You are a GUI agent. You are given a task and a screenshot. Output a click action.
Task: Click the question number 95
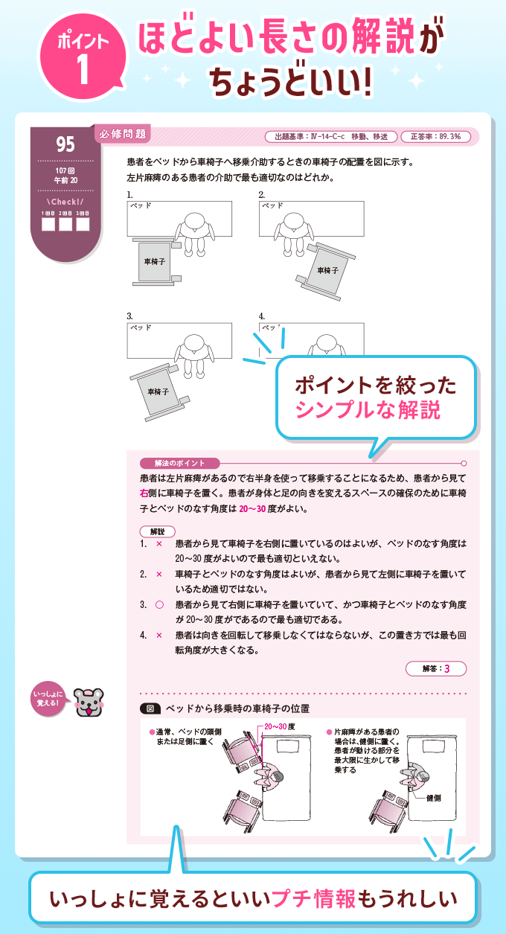pyautogui.click(x=65, y=143)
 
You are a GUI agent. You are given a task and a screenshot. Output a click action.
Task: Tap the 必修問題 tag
pyautogui.click(x=123, y=134)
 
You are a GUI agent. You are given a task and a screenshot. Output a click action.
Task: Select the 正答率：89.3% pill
pyautogui.click(x=436, y=137)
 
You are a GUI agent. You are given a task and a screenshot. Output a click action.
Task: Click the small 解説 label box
pyautogui.click(x=157, y=531)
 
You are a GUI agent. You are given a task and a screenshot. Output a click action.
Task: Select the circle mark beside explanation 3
pyautogui.click(x=158, y=605)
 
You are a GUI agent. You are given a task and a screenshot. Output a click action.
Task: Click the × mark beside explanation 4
pyautogui.click(x=158, y=635)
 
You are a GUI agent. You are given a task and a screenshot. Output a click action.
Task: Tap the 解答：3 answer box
pyautogui.click(x=437, y=668)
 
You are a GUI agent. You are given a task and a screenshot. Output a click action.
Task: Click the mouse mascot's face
pyautogui.click(x=89, y=701)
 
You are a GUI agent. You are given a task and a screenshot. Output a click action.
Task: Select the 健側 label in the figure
pyautogui.click(x=435, y=798)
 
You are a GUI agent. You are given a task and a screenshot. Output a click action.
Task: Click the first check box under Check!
pyautogui.click(x=48, y=223)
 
